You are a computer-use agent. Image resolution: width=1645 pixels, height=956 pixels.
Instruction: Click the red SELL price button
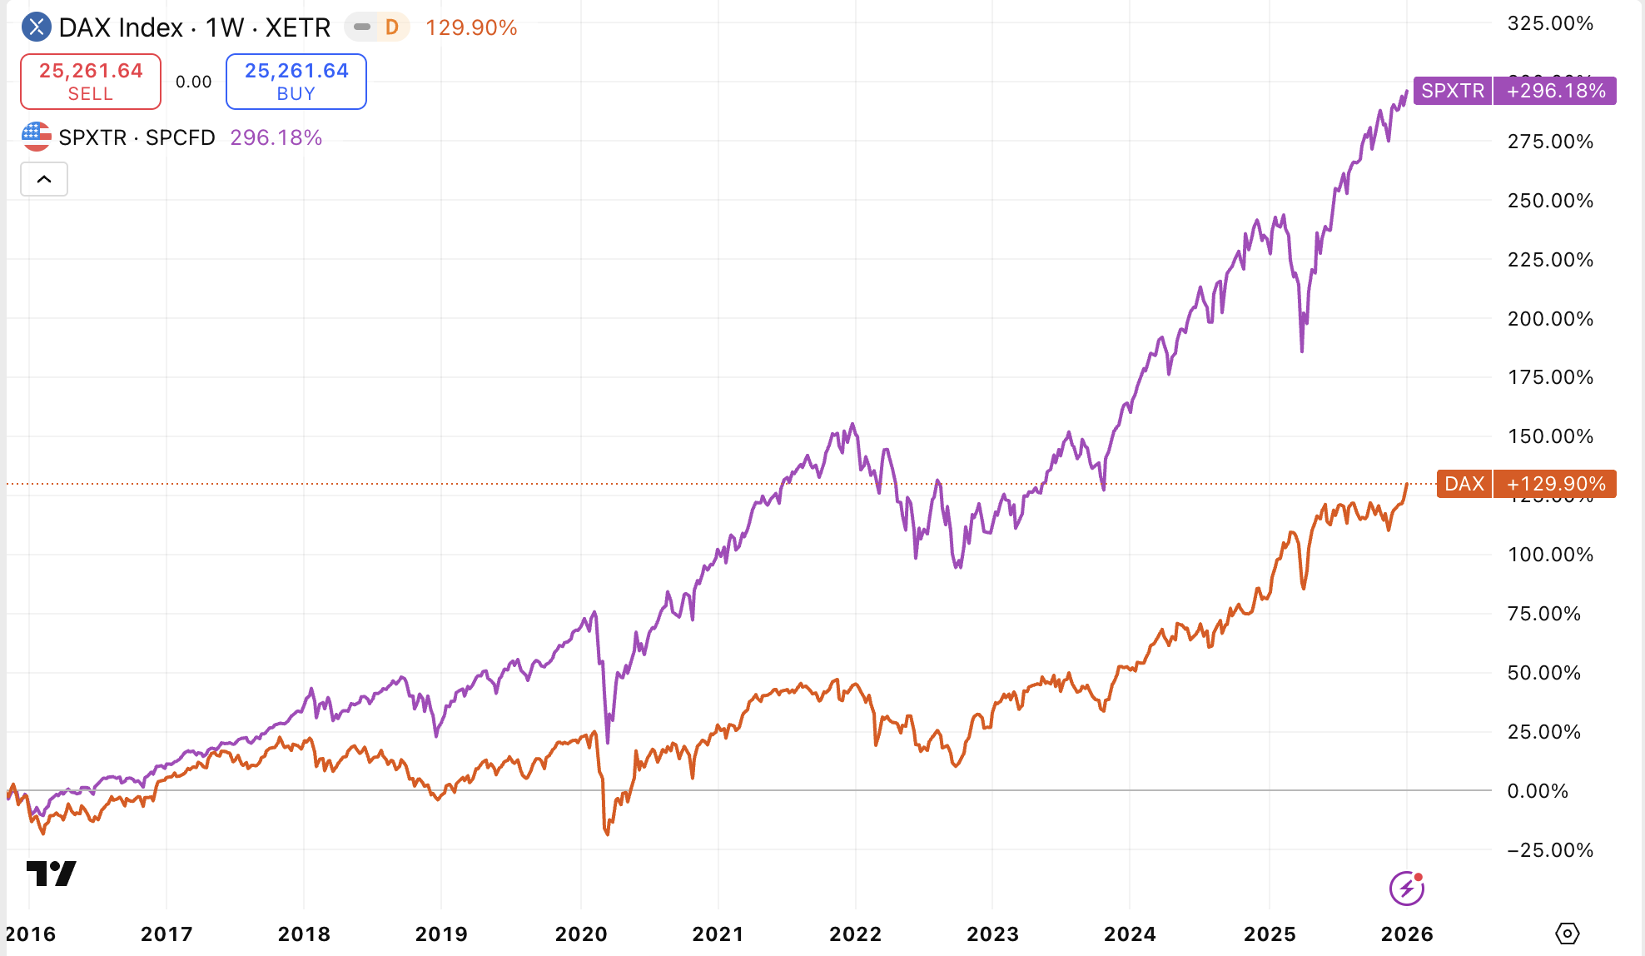click(91, 82)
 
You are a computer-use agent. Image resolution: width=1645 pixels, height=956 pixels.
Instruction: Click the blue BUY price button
click(296, 82)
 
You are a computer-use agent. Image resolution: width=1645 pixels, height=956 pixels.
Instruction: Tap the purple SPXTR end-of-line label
click(1453, 91)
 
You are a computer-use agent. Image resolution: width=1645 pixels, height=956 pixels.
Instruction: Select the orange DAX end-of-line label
click(1464, 484)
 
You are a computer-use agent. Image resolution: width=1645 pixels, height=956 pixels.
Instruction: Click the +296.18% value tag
click(1555, 91)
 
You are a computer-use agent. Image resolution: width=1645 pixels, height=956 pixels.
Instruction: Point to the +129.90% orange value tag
click(1555, 484)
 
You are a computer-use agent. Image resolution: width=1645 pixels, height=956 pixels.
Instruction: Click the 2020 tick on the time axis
click(581, 934)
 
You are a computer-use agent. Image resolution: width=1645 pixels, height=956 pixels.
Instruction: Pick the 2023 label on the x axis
click(992, 934)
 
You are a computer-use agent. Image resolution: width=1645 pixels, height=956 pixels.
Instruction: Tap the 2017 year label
click(166, 934)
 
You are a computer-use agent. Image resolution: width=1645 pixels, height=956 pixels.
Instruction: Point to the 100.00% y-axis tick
click(1550, 555)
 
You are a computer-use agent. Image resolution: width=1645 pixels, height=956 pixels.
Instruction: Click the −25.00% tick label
click(1550, 850)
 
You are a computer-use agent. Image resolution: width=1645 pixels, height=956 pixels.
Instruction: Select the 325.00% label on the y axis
click(1550, 23)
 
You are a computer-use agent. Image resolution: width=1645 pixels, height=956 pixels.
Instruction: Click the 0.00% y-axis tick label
click(1538, 791)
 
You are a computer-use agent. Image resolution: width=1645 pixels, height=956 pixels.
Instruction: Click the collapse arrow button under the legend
click(44, 179)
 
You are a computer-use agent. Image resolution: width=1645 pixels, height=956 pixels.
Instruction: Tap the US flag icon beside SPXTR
click(36, 137)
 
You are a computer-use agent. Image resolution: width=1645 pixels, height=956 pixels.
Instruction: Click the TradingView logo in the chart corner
click(52, 874)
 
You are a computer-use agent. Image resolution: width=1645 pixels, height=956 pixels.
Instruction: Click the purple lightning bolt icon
click(1406, 888)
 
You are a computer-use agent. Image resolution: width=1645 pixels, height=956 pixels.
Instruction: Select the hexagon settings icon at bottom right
click(1567, 934)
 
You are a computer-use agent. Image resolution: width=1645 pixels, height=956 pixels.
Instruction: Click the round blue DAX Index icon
click(36, 27)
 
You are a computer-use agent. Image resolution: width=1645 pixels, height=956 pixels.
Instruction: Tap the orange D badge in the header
click(392, 27)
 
